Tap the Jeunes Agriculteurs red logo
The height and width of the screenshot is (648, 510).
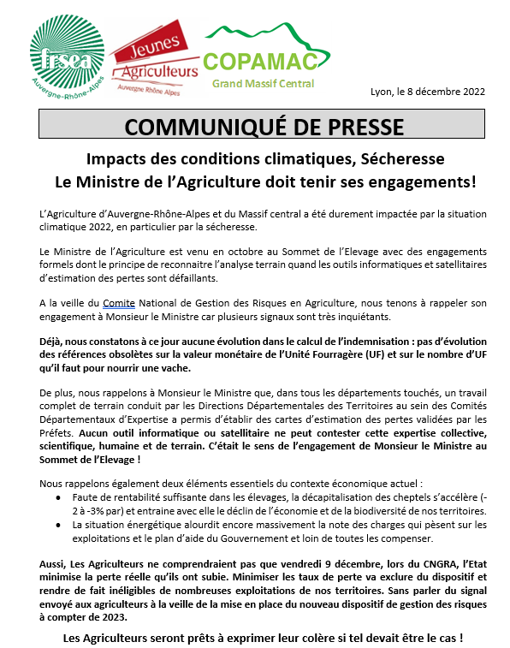153,59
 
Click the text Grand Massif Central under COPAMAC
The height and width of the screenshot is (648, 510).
263,84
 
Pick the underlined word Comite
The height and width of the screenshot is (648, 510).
119,303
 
